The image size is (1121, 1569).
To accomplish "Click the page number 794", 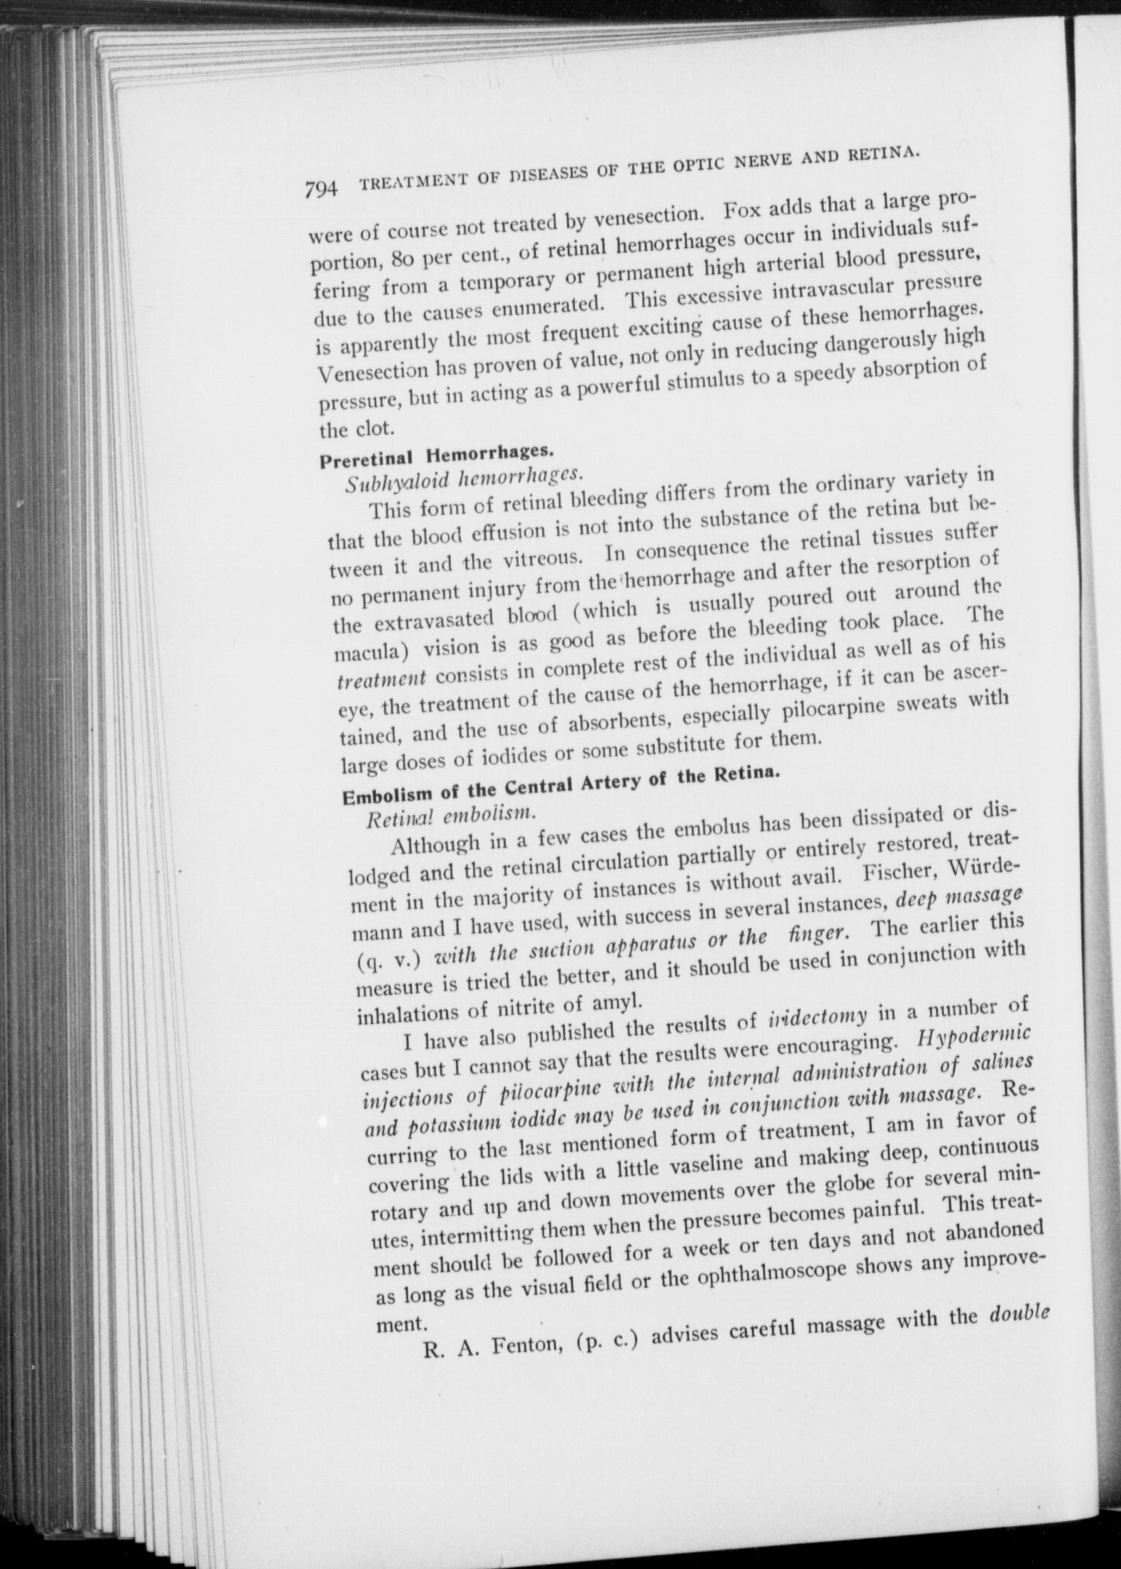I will point(322,189).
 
